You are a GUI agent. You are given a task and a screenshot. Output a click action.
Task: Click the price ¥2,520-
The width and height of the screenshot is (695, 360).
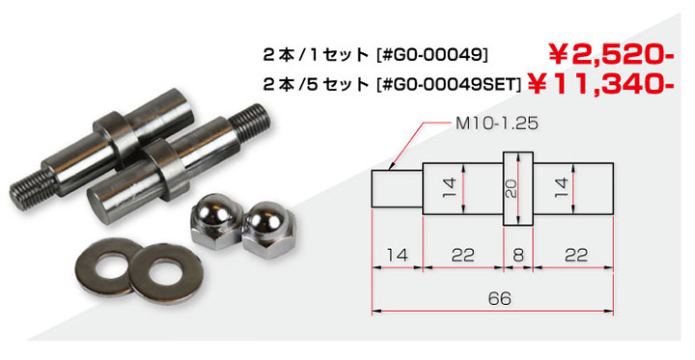pyautogui.click(x=611, y=54)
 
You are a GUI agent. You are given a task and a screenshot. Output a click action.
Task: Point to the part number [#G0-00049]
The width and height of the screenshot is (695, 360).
pyautogui.click(x=431, y=55)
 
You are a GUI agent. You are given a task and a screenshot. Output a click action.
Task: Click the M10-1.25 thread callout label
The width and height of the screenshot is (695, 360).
pyautogui.click(x=497, y=124)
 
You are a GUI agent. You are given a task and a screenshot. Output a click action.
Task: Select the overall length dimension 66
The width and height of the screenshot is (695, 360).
pyautogui.click(x=500, y=298)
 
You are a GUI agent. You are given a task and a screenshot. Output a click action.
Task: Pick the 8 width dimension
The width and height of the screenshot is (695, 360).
pyautogui.click(x=518, y=256)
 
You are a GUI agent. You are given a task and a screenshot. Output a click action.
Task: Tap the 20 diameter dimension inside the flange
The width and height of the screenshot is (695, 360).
pyautogui.click(x=512, y=188)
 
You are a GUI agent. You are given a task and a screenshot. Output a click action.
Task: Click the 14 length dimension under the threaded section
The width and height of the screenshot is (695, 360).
pyautogui.click(x=397, y=256)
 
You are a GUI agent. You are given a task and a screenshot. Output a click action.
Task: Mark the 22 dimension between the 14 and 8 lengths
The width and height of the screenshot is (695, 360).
pyautogui.click(x=463, y=256)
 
